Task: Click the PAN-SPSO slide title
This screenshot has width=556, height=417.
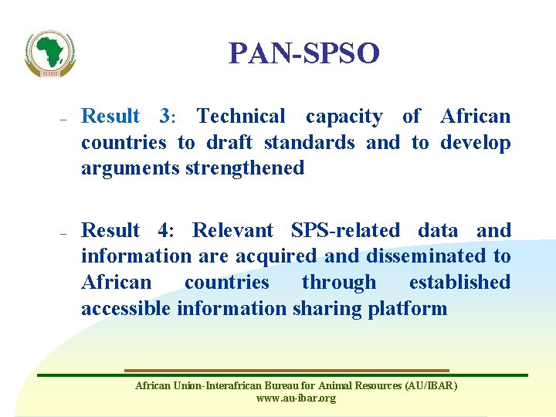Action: click(304, 53)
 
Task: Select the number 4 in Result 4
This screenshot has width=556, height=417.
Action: click(164, 230)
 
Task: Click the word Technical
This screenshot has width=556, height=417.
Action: click(241, 117)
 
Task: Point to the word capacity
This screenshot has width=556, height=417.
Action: click(344, 117)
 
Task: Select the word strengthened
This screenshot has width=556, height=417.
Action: click(246, 168)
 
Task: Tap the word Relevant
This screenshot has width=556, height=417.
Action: click(232, 230)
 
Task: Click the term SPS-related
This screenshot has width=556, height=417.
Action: click(345, 230)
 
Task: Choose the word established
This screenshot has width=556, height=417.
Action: click(459, 283)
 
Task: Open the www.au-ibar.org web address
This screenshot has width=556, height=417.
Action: click(296, 398)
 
